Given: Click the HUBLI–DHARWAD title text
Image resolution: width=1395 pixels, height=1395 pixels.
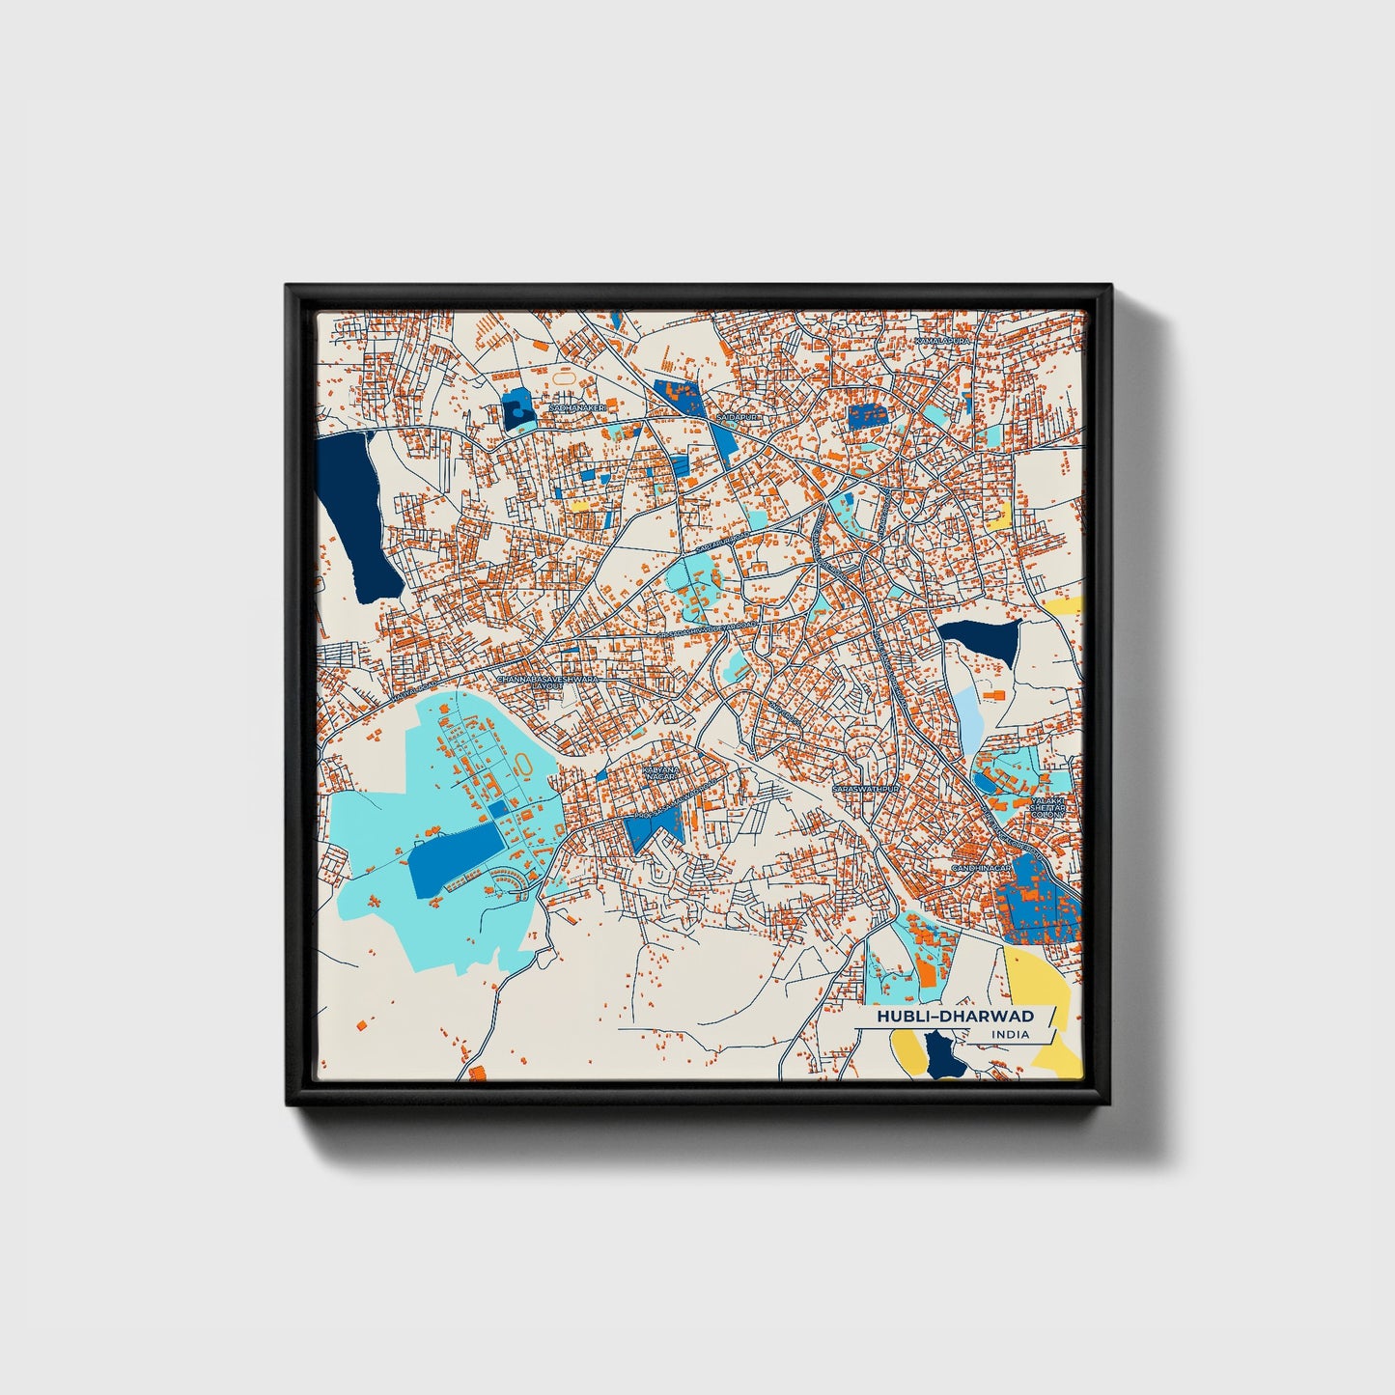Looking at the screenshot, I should [x=954, y=1016].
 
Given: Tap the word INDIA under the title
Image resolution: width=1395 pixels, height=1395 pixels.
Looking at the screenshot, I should [x=1010, y=1035].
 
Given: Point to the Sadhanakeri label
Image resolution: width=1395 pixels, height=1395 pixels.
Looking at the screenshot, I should [x=576, y=408].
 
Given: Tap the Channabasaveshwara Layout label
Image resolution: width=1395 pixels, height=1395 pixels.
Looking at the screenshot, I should [x=547, y=682].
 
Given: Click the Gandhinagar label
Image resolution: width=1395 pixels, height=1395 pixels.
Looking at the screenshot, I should [x=981, y=868].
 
